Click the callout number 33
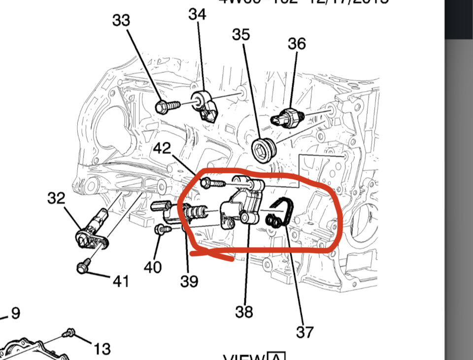point(121,20)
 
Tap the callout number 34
point(197,14)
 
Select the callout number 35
point(241,34)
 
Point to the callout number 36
point(297,43)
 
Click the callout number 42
point(163,148)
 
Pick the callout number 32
point(56,198)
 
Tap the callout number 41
point(121,281)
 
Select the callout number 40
point(153,267)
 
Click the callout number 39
point(189,281)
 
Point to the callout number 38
point(244,311)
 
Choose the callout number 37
point(304,332)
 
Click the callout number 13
point(102,349)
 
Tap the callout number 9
point(15,313)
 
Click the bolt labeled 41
point(82,268)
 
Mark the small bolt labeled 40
point(161,229)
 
